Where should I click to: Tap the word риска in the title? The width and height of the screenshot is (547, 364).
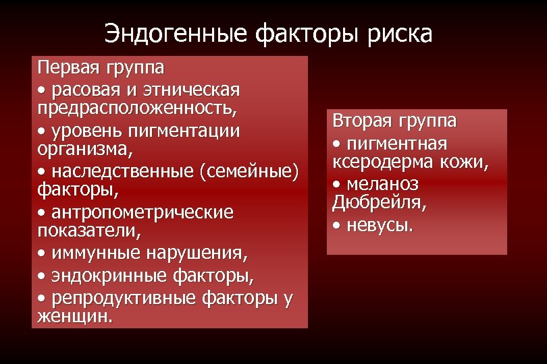coord(400,33)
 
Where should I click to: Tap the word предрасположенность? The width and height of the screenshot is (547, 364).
coord(136,107)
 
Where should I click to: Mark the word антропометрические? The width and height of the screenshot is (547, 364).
coord(143,212)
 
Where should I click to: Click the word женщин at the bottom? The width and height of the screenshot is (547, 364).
coord(74,317)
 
